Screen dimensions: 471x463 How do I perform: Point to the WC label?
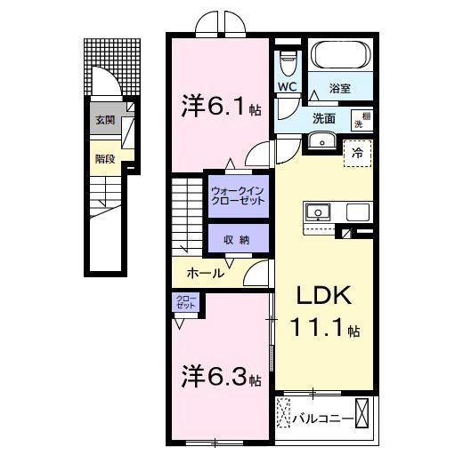point(287,86)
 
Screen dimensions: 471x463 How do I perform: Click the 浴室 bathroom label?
point(339,88)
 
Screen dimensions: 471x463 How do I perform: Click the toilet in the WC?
point(287,62)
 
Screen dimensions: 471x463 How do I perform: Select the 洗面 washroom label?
point(323,118)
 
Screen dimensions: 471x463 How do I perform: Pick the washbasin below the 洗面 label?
point(321,142)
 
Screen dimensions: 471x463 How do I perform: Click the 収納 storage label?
point(238,240)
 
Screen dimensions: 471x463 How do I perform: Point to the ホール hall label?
point(206,274)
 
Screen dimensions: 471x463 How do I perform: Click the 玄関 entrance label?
point(104,120)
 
